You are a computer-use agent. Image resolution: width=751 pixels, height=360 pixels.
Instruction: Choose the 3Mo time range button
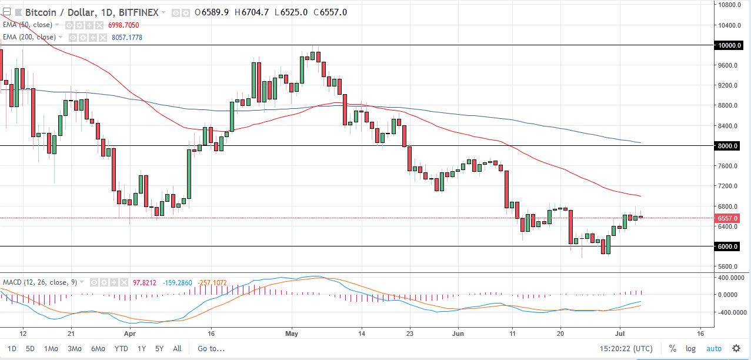point(75,348)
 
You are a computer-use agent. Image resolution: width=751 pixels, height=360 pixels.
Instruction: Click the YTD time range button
point(121,348)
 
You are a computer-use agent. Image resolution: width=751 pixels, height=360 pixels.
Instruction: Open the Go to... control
point(211,348)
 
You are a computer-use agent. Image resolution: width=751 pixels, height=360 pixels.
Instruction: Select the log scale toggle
point(690,348)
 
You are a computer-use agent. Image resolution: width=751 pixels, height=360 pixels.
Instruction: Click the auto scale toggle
point(713,348)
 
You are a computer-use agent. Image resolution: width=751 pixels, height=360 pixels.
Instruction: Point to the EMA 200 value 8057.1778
point(126,38)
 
